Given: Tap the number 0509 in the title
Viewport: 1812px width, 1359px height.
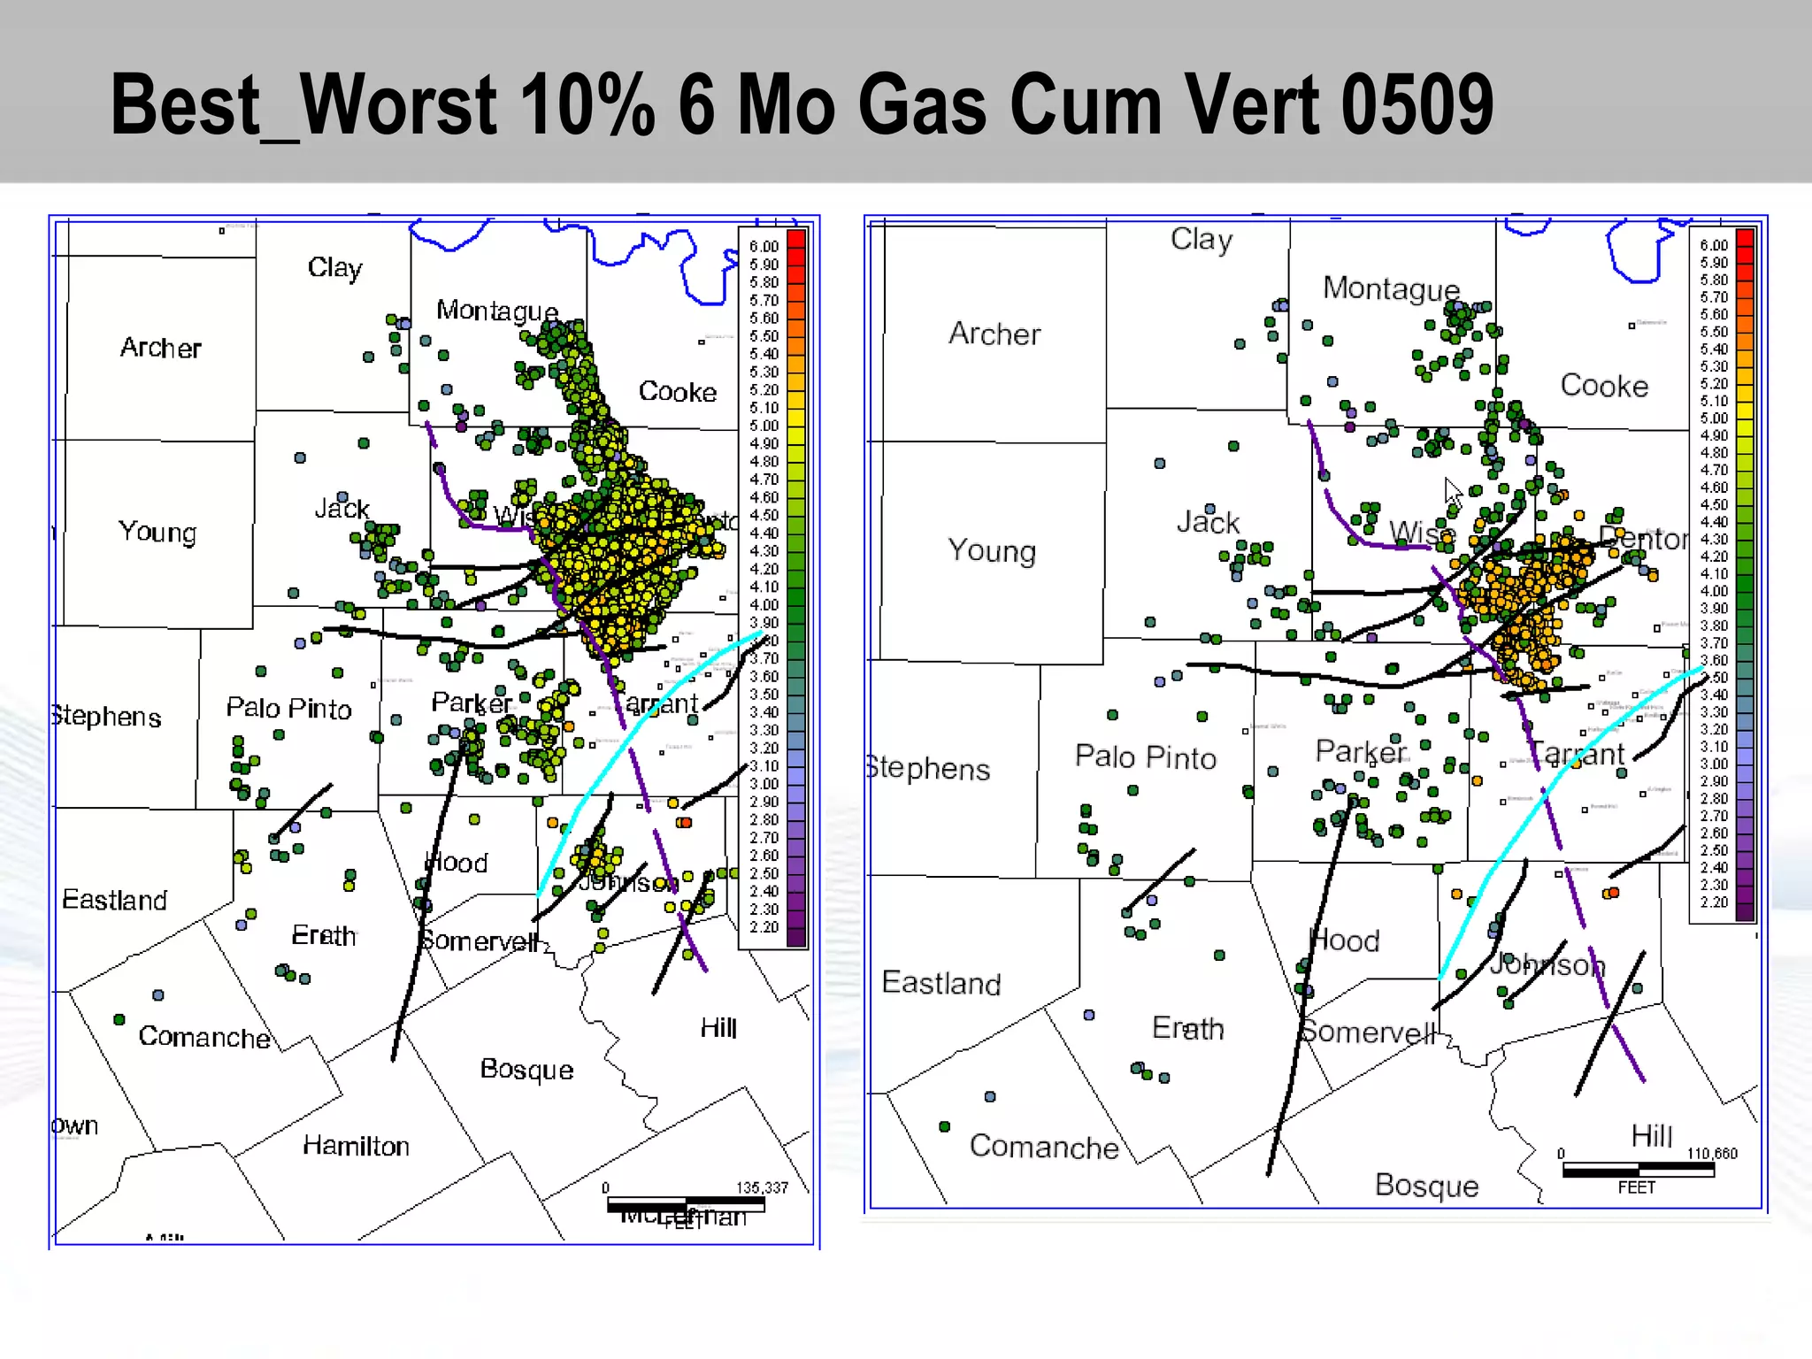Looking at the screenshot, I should pyautogui.click(x=1417, y=106).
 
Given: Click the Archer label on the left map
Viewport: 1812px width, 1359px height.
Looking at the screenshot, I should pyautogui.click(x=160, y=348).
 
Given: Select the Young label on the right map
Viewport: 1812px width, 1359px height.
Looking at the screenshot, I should pyautogui.click(x=991, y=550).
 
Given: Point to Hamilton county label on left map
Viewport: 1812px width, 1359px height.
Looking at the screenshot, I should pyautogui.click(x=356, y=1146).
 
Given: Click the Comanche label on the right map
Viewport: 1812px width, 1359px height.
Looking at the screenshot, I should pyautogui.click(x=1044, y=1147).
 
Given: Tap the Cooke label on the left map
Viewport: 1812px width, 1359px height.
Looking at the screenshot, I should pyautogui.click(x=678, y=391).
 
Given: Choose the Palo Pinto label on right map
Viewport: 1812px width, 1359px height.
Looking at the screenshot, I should pyautogui.click(x=1145, y=757).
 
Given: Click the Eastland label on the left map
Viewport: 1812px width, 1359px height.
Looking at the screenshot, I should pyautogui.click(x=114, y=900).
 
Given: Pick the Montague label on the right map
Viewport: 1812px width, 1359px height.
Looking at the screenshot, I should pyautogui.click(x=1391, y=288).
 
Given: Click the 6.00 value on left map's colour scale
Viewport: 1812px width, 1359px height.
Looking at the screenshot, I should pyautogui.click(x=764, y=246).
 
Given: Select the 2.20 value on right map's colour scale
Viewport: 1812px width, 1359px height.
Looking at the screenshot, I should pyautogui.click(x=1714, y=902).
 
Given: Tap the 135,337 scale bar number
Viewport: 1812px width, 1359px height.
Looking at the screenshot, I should pyautogui.click(x=762, y=1187).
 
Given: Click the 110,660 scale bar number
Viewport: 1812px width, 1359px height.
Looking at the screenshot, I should pyautogui.click(x=1712, y=1154).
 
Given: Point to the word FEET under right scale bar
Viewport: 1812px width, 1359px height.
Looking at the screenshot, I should pyautogui.click(x=1636, y=1187).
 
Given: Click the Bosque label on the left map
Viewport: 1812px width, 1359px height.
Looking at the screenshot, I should pyautogui.click(x=526, y=1069).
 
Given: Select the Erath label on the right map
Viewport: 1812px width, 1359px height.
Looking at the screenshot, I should pyautogui.click(x=1187, y=1028).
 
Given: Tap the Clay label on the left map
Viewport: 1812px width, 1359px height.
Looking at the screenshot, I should pyautogui.click(x=334, y=267).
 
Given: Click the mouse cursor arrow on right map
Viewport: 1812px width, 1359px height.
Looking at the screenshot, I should pyautogui.click(x=1452, y=490).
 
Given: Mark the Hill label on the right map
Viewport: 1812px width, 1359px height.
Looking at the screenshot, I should pyautogui.click(x=1651, y=1135).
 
